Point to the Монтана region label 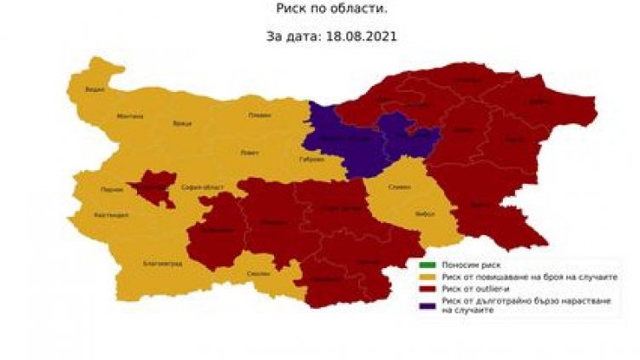(130, 116)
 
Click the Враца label (182, 123)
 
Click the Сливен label (400, 188)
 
